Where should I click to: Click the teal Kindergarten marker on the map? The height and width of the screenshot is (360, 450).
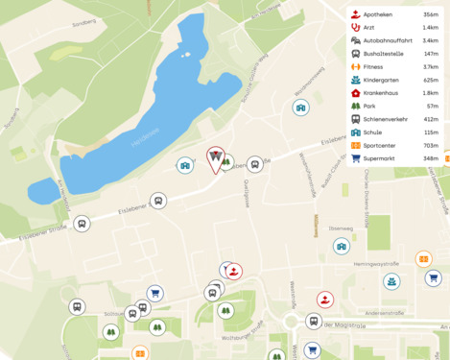391,281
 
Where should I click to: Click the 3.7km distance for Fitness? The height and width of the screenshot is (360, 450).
430,67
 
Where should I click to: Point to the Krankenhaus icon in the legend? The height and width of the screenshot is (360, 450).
355,93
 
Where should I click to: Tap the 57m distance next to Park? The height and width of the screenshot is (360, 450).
433,106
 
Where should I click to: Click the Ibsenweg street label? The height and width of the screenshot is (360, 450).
341,228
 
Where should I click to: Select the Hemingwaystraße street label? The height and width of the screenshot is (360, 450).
376,263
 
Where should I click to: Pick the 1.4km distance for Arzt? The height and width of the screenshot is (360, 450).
430,28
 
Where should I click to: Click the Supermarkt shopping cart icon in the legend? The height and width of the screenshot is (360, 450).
355,157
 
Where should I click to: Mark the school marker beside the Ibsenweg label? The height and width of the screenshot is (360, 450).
341,247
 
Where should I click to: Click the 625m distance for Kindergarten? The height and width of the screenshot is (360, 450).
430,80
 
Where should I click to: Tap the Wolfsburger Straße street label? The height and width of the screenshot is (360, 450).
243,337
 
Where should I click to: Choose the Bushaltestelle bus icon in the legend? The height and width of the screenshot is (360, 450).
355,54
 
